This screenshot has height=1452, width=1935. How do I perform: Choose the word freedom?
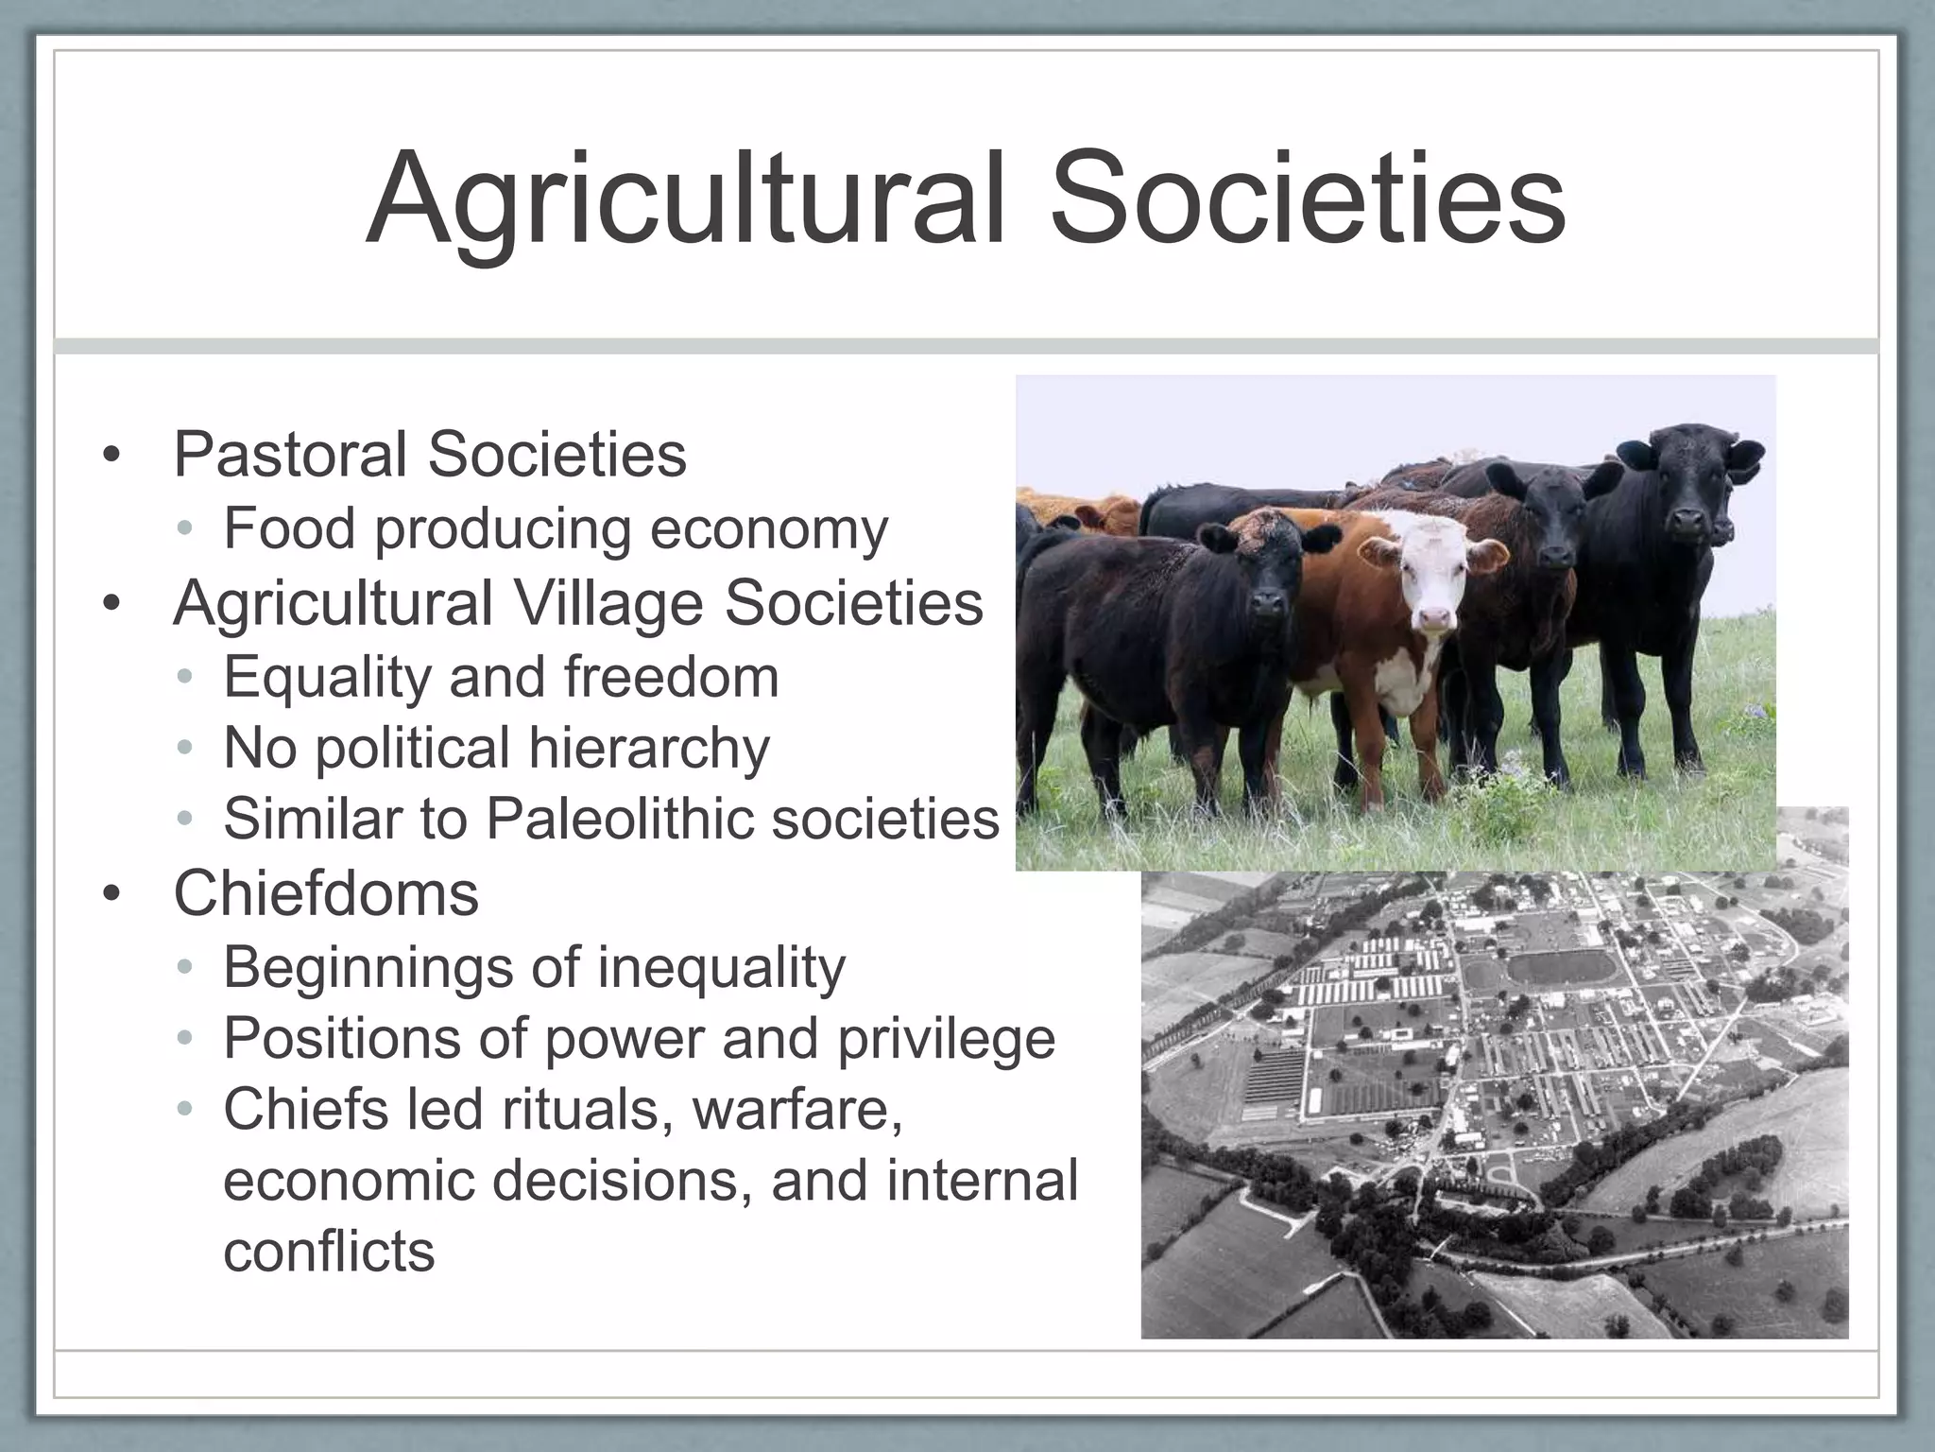pyautogui.click(x=671, y=677)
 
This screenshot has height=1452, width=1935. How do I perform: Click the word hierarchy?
pyautogui.click(x=649, y=750)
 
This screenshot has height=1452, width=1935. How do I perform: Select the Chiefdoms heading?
pyautogui.click(x=326, y=893)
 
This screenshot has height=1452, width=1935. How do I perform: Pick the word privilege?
pyautogui.click(x=946, y=1039)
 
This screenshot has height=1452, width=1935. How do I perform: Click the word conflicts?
pyautogui.click(x=329, y=1252)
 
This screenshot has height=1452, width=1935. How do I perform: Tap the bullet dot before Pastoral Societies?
pyautogui.click(x=112, y=458)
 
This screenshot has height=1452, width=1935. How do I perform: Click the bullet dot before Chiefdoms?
pyautogui.click(x=112, y=895)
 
